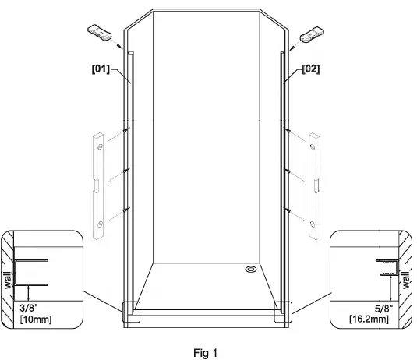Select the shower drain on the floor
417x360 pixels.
pos(250,270)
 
